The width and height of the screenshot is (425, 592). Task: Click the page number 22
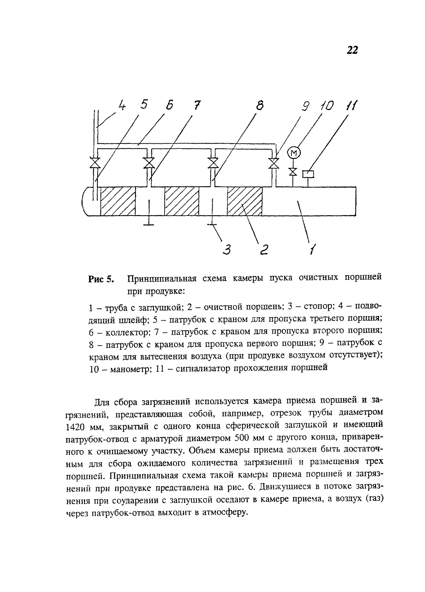(352, 50)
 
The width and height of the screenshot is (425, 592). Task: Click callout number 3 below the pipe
(227, 250)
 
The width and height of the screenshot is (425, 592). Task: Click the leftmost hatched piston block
(118, 201)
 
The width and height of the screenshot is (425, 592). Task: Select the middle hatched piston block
(182, 201)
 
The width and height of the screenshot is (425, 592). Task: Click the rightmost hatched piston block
(244, 201)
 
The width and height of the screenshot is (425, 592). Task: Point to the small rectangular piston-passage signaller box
(308, 174)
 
